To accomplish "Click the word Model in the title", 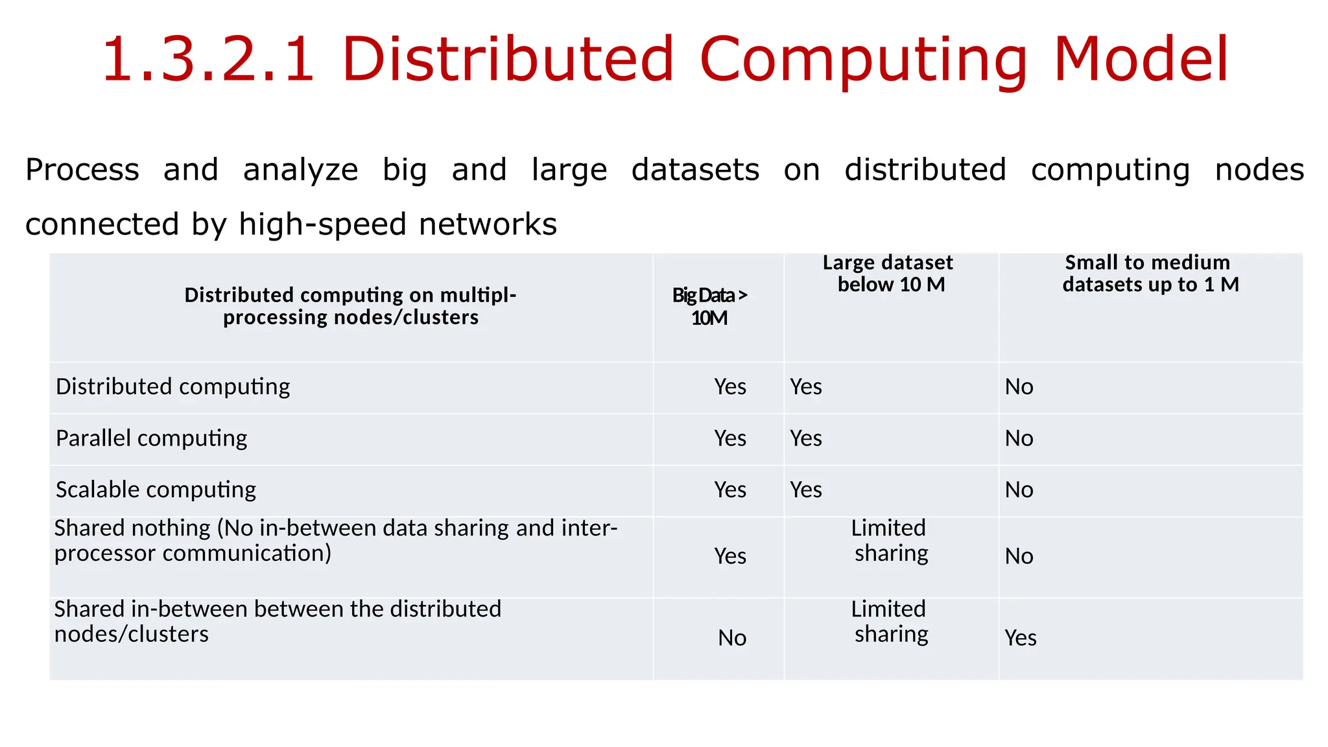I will coord(1141,60).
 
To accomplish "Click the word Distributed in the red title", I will coord(508,60).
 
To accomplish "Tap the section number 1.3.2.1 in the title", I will coord(208,60).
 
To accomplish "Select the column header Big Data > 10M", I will coord(709,306).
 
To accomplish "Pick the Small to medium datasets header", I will coord(1150,273).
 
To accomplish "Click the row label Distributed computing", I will coord(172,386).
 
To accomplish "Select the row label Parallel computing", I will coord(151,438).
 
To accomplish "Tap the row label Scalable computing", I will coord(156,490).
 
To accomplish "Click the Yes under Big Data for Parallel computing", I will coord(730,438).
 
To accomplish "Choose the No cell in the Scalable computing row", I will coord(1019,490).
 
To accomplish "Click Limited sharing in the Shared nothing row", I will coord(890,540).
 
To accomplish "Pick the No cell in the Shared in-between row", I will coord(732,638).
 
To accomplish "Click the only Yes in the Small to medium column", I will coord(1021,638).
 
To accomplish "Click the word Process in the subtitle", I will coord(82,170).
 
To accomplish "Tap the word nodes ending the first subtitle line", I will coord(1259,170).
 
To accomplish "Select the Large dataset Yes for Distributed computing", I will coord(806,386).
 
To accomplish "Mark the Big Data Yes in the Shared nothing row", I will coord(730,556).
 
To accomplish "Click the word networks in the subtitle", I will coord(488,224).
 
